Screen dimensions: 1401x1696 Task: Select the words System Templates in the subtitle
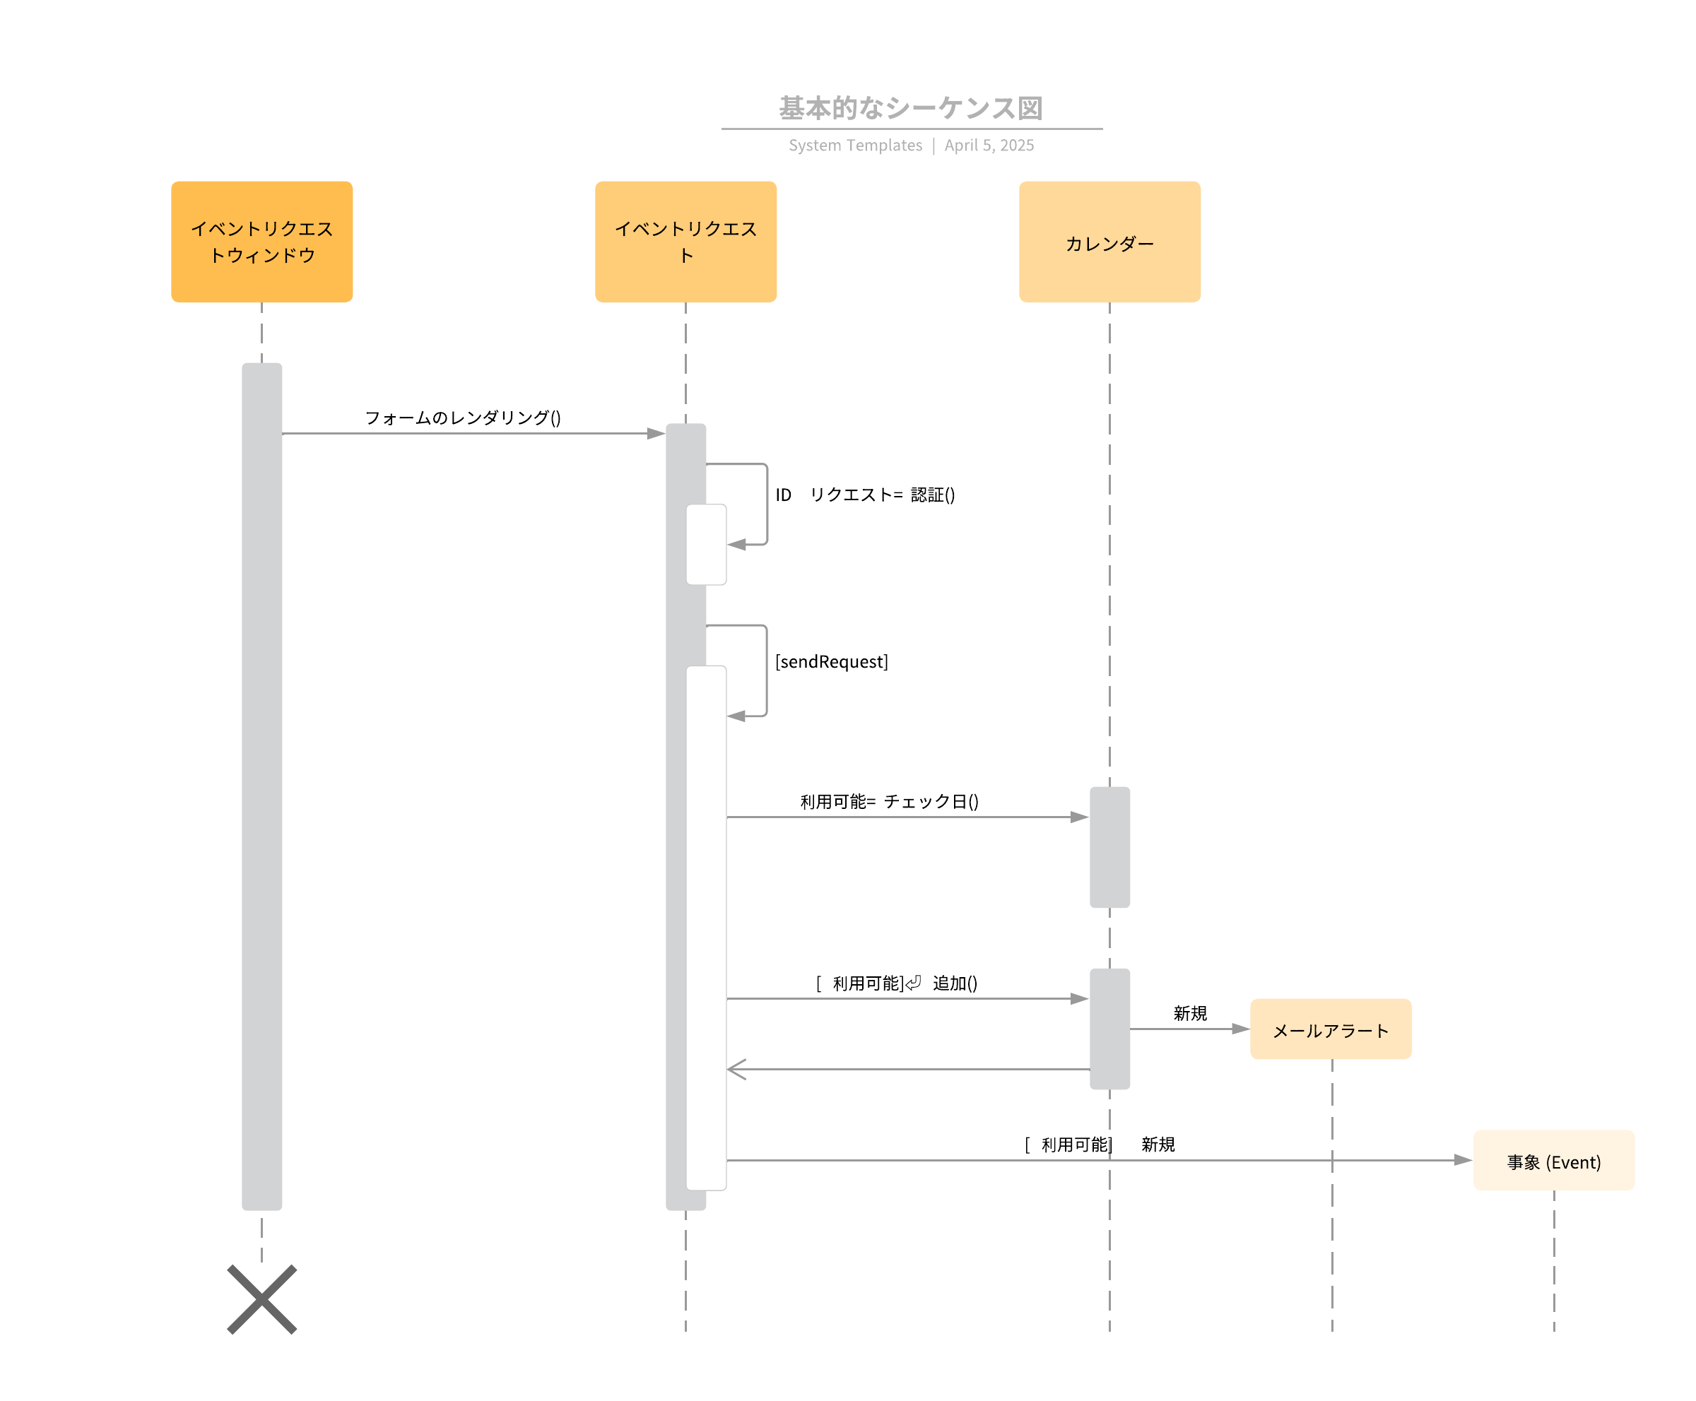coord(854,146)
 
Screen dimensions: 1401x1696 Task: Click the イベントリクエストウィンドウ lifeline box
coord(261,242)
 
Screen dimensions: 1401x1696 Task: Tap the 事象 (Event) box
coord(1553,1161)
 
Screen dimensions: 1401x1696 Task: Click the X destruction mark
coord(261,1299)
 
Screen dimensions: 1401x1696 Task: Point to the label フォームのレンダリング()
coord(463,418)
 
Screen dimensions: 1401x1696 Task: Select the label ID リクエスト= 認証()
coord(864,495)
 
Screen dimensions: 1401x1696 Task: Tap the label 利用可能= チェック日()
coord(889,801)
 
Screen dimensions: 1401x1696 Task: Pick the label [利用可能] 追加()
coord(896,983)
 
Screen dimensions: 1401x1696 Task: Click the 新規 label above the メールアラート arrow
coord(1189,1013)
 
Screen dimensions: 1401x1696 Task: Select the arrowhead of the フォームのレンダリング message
coord(656,433)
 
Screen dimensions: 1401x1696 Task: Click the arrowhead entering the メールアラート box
coord(1240,1029)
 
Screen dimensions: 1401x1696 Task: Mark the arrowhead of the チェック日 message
coord(1078,817)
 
